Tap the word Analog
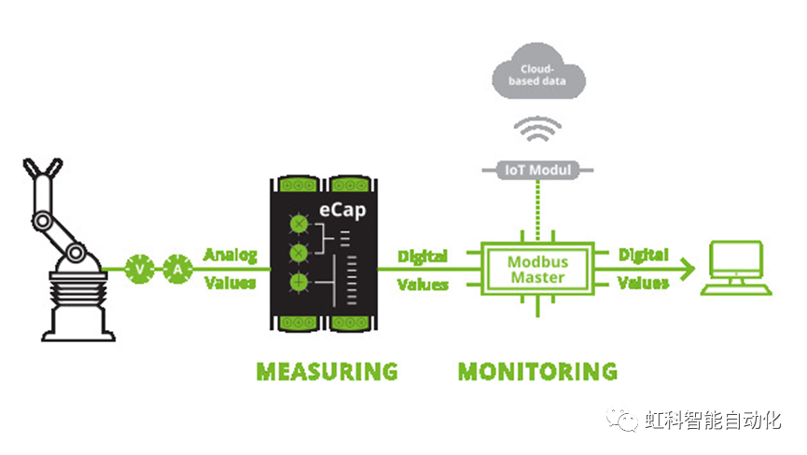230,255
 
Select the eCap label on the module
341,211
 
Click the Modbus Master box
536,269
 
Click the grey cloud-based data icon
539,75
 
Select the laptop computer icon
739,269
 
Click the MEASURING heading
327,371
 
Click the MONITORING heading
537,371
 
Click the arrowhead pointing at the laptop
689,269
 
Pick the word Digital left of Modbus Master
423,255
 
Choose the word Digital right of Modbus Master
643,255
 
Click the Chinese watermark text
713,421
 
